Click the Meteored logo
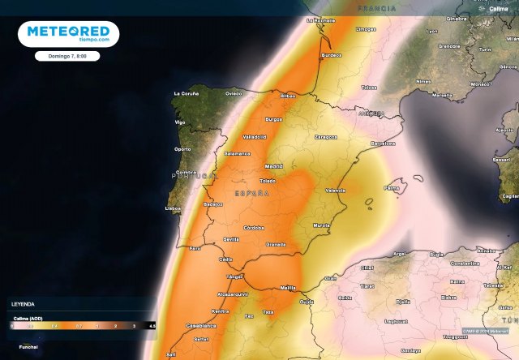pyautogui.click(x=68, y=32)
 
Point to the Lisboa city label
pyautogui.click(x=172, y=208)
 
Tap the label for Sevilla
pyautogui.click(x=232, y=239)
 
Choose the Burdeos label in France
pyautogui.click(x=332, y=55)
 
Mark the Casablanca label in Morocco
pyautogui.click(x=199, y=325)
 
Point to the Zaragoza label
pyautogui.click(x=326, y=138)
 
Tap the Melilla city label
pyautogui.click(x=286, y=287)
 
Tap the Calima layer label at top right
pyautogui.click(x=498, y=8)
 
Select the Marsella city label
pyautogui.click(x=442, y=95)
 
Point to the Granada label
pyautogui.click(x=277, y=243)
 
